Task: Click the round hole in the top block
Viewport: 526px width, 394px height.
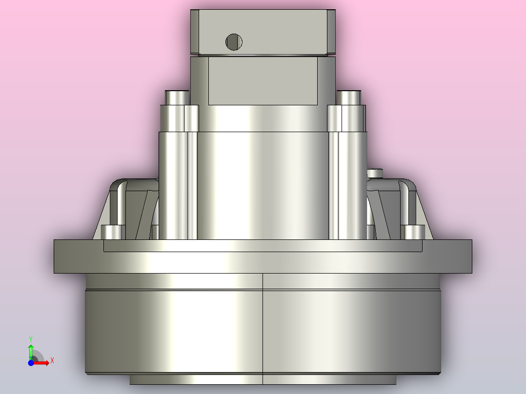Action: point(234,42)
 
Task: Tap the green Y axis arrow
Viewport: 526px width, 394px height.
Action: point(31,352)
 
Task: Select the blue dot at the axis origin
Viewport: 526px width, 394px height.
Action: point(31,363)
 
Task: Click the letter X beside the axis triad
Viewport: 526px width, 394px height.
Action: point(52,361)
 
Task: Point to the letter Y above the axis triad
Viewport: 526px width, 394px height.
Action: point(31,339)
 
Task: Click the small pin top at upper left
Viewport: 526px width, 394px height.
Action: point(177,98)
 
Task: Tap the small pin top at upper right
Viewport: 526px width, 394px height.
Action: point(348,98)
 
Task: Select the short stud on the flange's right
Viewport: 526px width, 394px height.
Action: point(415,232)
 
